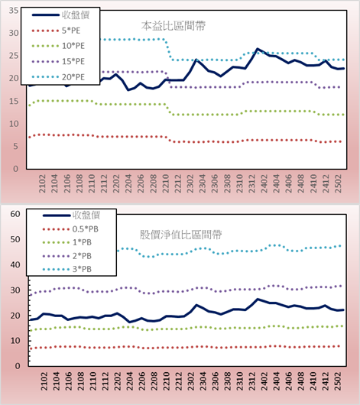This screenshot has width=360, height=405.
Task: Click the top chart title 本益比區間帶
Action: pos(174,26)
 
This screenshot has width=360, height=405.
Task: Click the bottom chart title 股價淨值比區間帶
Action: pos(180,235)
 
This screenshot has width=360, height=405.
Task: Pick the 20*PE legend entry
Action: pos(58,77)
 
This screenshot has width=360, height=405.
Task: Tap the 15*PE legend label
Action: pos(73,61)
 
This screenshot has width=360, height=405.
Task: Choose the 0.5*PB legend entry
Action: pos(70,229)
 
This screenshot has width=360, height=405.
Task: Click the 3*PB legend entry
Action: pos(67,269)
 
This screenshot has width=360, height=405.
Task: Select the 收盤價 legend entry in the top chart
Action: pos(60,15)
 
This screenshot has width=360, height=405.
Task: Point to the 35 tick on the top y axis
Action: pos(14,11)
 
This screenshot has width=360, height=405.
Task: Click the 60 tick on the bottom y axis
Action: pos(15,214)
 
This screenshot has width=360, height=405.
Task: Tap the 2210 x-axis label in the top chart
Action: pos(165,183)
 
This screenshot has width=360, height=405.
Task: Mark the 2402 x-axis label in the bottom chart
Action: pos(264,381)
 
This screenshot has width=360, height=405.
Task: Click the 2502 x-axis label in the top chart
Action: pos(338,183)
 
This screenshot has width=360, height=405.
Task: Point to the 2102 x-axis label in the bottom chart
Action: pos(44,381)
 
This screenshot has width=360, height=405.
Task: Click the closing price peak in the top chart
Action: pos(258,49)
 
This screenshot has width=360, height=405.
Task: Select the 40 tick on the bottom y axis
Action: pos(15,264)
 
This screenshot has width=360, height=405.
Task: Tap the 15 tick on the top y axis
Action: pos(14,101)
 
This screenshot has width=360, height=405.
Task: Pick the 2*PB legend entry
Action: pos(67,256)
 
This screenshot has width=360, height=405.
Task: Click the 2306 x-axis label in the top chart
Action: pos(215,183)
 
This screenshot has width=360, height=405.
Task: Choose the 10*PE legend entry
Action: pos(58,46)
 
